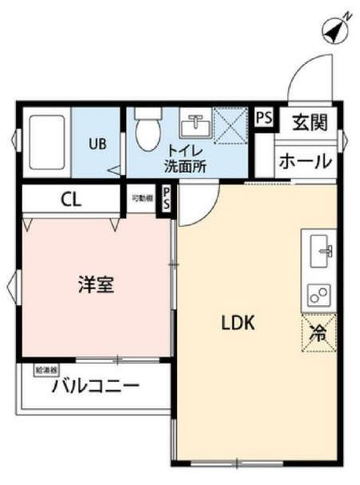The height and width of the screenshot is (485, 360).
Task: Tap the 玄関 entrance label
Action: tap(308, 122)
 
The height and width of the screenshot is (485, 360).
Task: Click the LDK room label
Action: tap(237, 323)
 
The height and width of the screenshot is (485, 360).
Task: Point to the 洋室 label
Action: tap(95, 285)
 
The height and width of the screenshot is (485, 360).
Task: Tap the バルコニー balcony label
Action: tap(97, 387)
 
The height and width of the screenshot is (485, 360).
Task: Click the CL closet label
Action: tap(71, 199)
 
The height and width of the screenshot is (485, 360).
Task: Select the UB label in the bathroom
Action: tap(97, 145)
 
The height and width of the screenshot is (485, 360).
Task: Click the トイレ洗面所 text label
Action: tap(185, 159)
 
